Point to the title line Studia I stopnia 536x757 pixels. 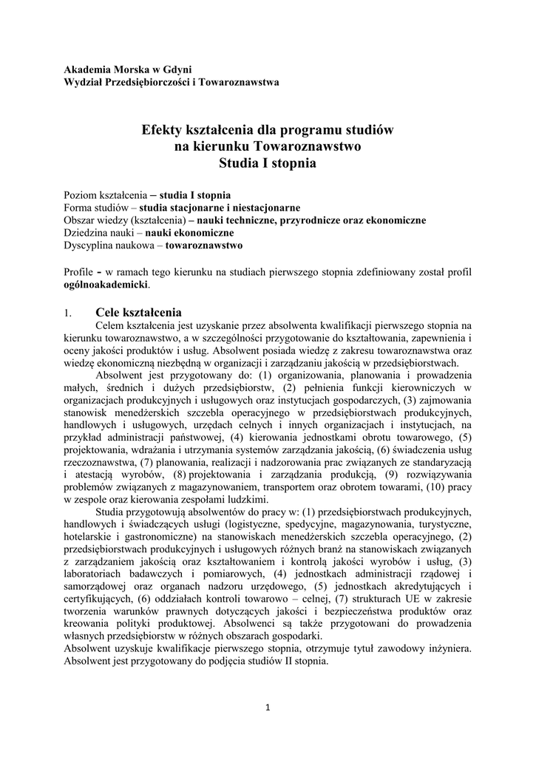(x=268, y=163)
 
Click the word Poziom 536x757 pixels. (x=80, y=196)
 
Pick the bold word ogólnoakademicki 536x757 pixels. (x=106, y=284)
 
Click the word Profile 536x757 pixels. (x=79, y=271)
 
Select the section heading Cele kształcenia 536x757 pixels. (x=138, y=312)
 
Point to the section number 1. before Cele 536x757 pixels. (x=68, y=313)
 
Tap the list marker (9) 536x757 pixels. (x=392, y=475)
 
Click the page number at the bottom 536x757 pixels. (x=268, y=707)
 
